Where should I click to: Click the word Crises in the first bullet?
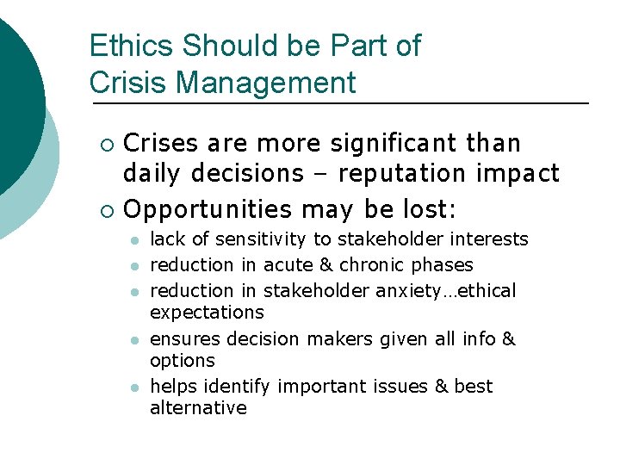pyautogui.click(x=160, y=143)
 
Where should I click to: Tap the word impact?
pyautogui.click(x=522, y=174)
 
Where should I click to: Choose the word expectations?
pyautogui.click(x=207, y=312)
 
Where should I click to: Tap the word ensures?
pyautogui.click(x=183, y=339)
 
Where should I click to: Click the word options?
pyautogui.click(x=182, y=360)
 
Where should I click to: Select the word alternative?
pyautogui.click(x=198, y=408)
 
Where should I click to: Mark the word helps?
pyautogui.click(x=170, y=387)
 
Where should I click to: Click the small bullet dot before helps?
pyautogui.click(x=135, y=387)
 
